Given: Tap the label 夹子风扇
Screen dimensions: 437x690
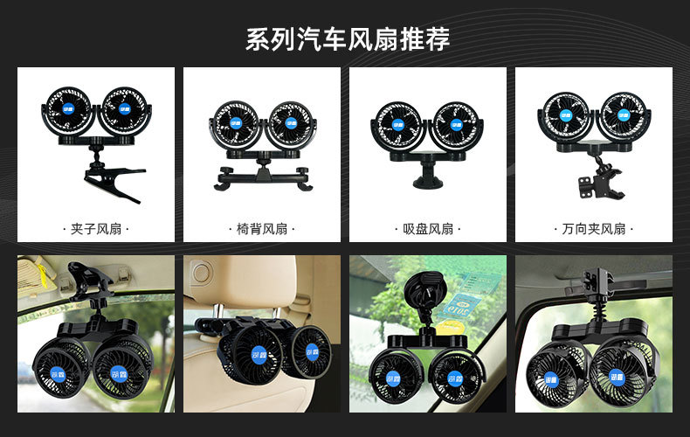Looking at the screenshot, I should point(95,229).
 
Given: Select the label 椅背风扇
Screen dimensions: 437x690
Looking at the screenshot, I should point(262,229).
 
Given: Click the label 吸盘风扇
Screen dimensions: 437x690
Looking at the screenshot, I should point(428,229).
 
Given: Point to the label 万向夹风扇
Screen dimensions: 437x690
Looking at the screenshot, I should point(593,229).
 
